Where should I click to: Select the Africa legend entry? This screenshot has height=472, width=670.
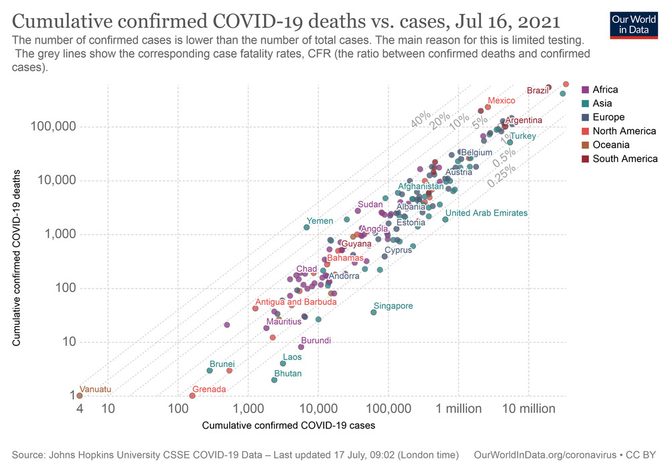(604, 89)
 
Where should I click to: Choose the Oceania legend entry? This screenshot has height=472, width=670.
(610, 145)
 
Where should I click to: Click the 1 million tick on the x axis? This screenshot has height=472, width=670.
(459, 408)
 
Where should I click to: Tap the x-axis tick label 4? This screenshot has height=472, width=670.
(79, 408)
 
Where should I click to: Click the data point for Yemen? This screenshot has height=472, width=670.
(306, 228)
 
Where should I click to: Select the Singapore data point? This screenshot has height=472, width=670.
(373, 312)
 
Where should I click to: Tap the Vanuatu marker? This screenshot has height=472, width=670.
(79, 396)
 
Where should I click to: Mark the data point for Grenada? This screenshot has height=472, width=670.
(192, 396)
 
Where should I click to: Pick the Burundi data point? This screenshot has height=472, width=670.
(301, 347)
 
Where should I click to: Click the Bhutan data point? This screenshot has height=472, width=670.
(274, 380)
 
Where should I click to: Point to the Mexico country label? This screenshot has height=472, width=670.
(501, 100)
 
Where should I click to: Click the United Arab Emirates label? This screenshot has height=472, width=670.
(486, 213)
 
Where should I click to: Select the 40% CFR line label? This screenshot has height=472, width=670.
(421, 120)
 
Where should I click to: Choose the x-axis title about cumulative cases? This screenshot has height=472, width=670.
(288, 425)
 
